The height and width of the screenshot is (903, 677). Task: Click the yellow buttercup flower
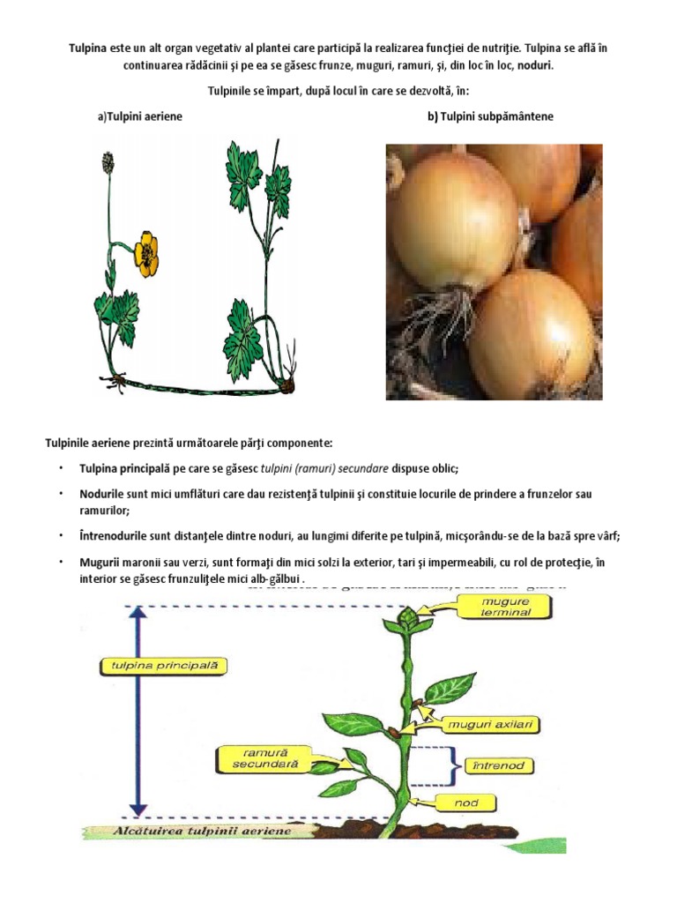click(146, 251)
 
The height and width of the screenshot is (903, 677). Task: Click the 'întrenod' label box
click(498, 765)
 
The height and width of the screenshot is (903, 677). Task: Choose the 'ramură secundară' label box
click(257, 758)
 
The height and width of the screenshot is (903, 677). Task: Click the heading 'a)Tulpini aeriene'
click(140, 116)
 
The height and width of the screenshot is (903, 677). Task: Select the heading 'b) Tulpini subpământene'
click(490, 116)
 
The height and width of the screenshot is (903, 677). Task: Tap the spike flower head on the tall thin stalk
click(108, 162)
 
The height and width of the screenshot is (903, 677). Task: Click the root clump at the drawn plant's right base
click(287, 385)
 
